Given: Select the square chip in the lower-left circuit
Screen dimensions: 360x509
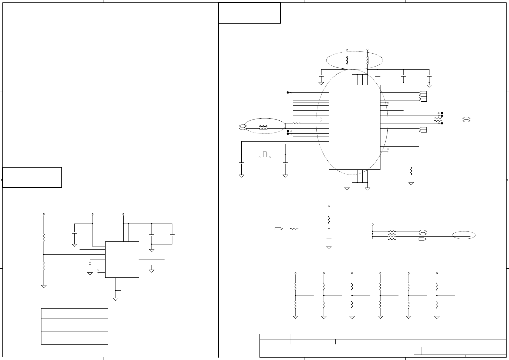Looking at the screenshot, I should tap(122, 259).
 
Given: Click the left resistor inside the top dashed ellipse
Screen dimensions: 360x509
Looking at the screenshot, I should tap(347, 60).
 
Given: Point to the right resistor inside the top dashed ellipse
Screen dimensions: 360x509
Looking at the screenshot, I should tap(367, 60).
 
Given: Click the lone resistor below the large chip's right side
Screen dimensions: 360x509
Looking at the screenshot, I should tap(411, 171).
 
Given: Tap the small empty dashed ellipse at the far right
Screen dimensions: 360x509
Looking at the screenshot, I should tap(464, 235).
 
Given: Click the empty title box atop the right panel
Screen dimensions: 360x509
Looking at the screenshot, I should tap(249, 13).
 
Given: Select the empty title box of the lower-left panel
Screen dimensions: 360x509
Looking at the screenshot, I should tap(32, 177).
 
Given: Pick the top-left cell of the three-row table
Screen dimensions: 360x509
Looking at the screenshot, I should tap(50, 313).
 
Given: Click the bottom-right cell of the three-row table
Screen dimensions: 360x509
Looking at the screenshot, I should tap(83, 338).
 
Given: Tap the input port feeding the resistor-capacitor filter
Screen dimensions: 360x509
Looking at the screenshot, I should tap(279, 229).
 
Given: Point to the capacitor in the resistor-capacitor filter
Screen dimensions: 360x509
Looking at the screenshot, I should tap(329, 238).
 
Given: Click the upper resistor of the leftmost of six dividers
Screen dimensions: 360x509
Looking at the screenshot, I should tap(295, 286).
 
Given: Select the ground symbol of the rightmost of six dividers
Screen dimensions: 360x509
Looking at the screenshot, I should tap(437, 317).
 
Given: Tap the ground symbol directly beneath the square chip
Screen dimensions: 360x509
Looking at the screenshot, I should tap(116, 299).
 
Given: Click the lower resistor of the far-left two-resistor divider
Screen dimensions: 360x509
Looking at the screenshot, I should tap(44, 266).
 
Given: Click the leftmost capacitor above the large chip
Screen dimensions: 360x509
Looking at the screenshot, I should tap(321, 75).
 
